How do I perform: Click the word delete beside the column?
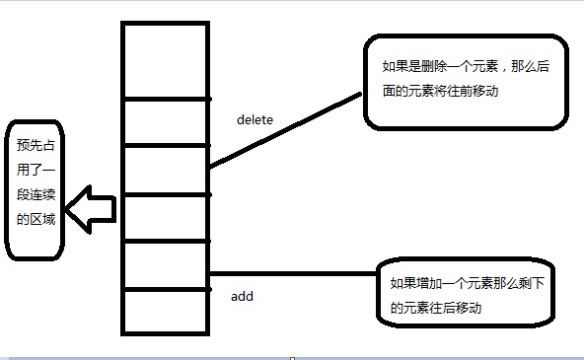point(255,120)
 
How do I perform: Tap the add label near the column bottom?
point(242,295)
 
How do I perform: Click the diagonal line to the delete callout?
point(286,128)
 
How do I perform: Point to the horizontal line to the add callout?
point(296,273)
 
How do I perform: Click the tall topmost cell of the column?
point(166,59)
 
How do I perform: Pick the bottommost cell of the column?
point(166,312)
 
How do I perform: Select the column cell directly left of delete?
point(166,121)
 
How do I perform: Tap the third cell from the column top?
point(166,170)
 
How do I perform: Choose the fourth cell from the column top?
point(166,217)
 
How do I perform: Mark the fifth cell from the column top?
point(166,264)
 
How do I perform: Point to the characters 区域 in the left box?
point(39,219)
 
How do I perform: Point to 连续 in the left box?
point(40,194)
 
